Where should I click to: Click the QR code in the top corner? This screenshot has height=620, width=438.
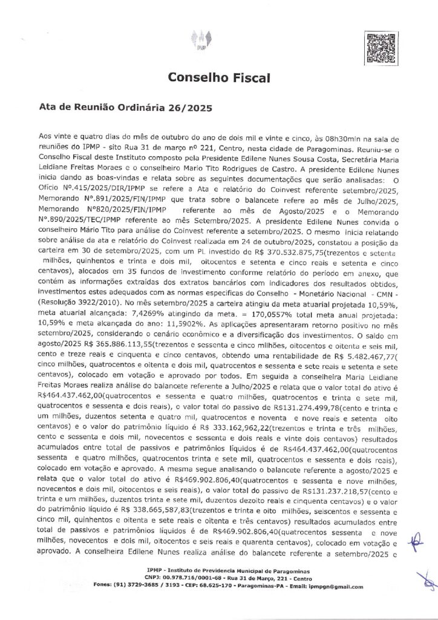(x=381, y=47)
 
